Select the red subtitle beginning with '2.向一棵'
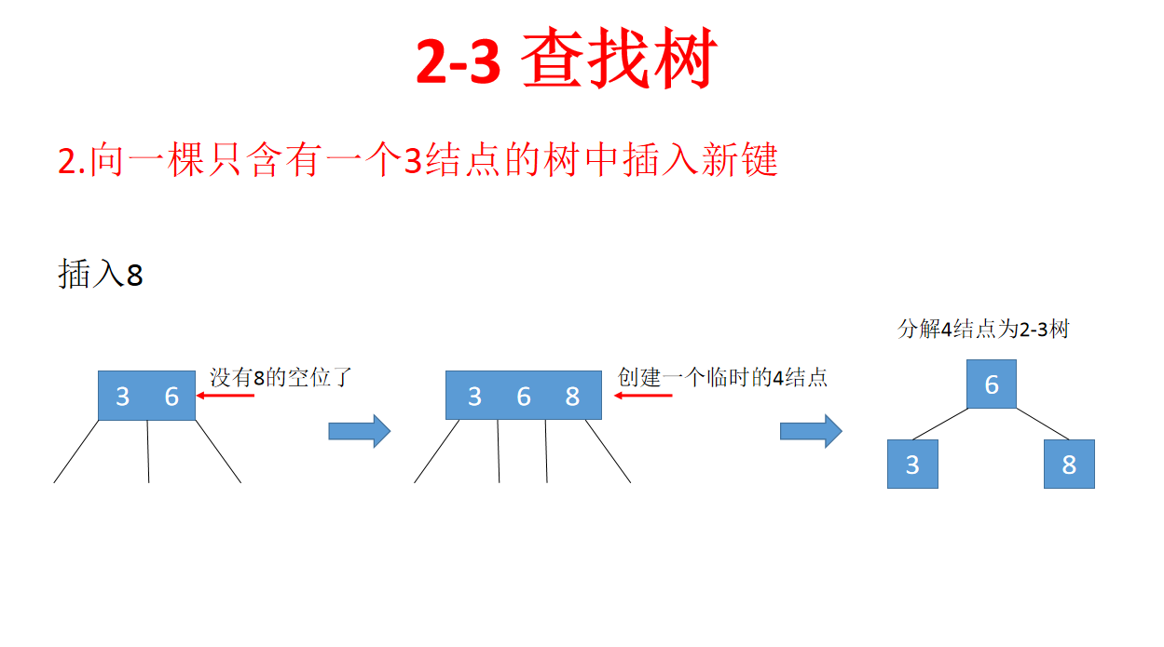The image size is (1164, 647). [418, 161]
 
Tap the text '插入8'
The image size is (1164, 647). [101, 275]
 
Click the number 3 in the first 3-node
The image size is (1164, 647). [122, 397]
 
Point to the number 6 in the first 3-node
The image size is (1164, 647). [171, 397]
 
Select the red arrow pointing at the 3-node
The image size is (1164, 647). [225, 396]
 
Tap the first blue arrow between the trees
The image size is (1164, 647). [359, 430]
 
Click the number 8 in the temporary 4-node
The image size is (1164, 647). [572, 397]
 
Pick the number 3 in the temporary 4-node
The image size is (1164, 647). [474, 397]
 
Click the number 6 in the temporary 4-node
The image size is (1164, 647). [524, 397]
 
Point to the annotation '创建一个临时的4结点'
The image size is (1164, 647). [722, 377]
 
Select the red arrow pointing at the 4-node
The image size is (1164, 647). [643, 396]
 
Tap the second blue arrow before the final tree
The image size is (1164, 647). [810, 430]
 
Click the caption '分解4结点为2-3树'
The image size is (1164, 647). [982, 330]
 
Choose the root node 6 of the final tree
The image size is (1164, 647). [991, 384]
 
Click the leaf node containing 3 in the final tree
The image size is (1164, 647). [912, 464]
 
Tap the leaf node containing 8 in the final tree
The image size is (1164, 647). [1069, 464]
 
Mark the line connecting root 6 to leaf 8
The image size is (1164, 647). [1042, 424]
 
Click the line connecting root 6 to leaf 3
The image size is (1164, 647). [939, 424]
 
